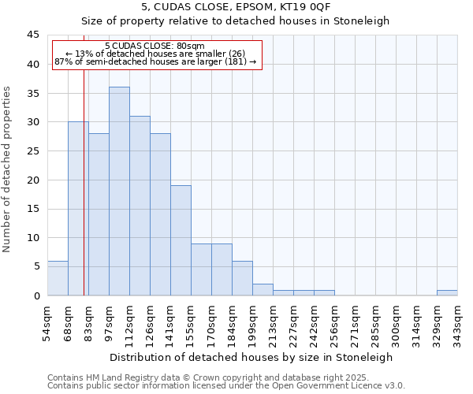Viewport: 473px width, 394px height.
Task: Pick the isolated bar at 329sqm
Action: click(x=447, y=292)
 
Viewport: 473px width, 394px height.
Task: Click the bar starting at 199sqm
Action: click(x=263, y=289)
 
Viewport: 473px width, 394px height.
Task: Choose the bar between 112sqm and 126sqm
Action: click(x=140, y=206)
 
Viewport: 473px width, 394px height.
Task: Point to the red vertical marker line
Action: click(x=84, y=197)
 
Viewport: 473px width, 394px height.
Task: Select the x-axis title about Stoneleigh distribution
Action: click(x=252, y=357)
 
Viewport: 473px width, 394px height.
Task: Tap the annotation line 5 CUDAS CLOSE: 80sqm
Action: click(x=155, y=46)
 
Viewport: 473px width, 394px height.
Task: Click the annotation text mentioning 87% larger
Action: click(x=155, y=61)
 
